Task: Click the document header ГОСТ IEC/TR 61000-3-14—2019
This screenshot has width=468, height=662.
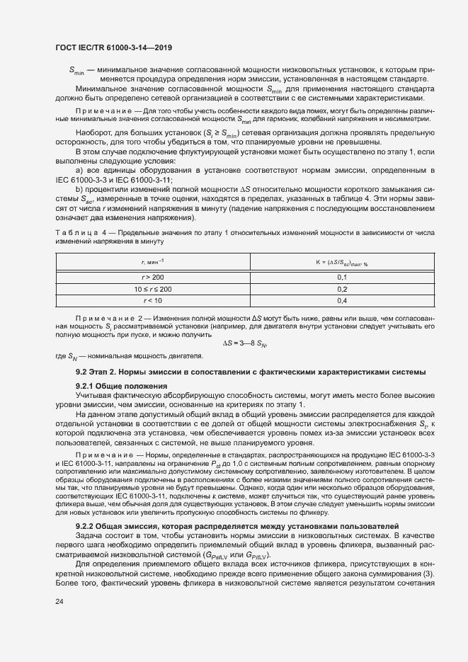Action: (113, 48)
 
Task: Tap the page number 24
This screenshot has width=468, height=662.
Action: (59, 602)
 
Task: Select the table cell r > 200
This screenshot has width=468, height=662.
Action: (153, 278)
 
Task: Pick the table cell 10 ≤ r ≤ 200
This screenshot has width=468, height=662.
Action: (153, 290)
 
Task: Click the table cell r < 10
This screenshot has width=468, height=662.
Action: (153, 301)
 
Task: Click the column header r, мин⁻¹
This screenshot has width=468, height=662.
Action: (153, 262)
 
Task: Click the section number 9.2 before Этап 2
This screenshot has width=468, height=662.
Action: (83, 372)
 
